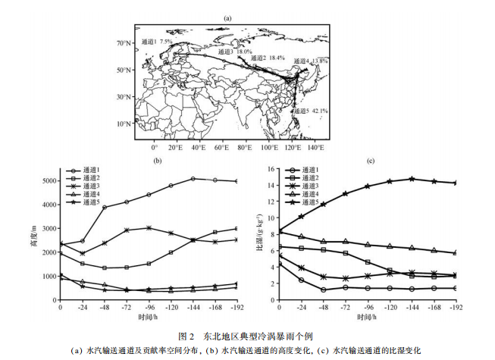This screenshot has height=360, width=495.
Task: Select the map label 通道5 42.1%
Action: [x=312, y=111]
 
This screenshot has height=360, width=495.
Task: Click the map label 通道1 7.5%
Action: [x=150, y=42]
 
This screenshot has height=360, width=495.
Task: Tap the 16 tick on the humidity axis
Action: [x=271, y=167]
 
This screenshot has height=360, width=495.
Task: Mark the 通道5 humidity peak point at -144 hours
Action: [x=412, y=179]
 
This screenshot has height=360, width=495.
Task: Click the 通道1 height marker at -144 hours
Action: [x=193, y=179]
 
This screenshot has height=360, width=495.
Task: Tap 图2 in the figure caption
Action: [x=186, y=336]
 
